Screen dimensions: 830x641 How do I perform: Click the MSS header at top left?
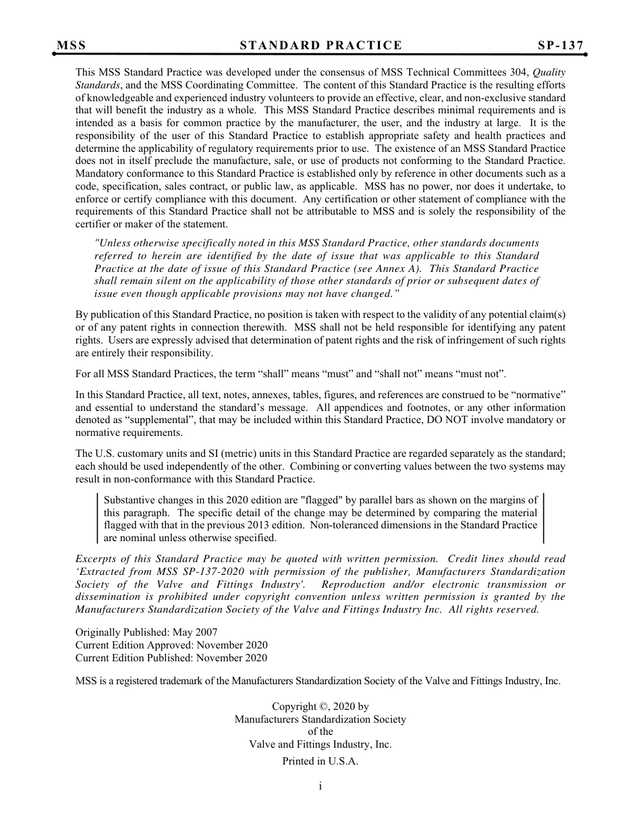point(71,46)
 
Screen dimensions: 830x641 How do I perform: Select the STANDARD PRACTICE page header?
point(320,46)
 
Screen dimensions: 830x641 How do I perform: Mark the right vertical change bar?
point(543,518)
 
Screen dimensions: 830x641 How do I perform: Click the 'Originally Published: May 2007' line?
point(146,632)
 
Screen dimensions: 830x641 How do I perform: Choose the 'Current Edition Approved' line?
point(171,645)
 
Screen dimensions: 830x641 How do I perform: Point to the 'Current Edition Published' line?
point(171,658)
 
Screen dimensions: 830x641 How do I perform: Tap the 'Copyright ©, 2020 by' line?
point(320,707)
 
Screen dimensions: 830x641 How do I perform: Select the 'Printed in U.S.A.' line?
point(320,761)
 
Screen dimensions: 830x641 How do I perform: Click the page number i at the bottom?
point(320,785)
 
